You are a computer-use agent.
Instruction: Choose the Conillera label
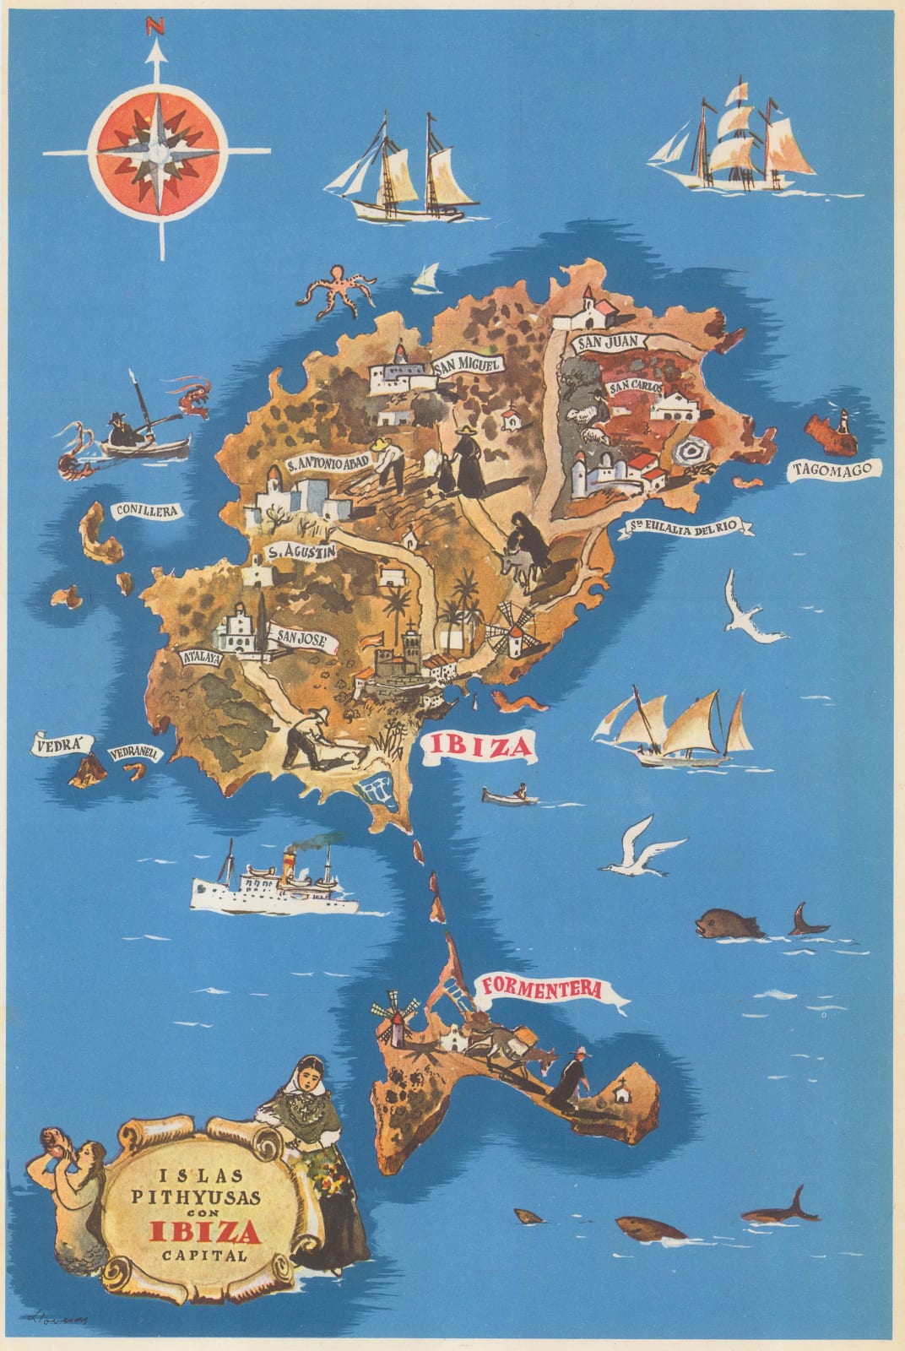tap(148, 511)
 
